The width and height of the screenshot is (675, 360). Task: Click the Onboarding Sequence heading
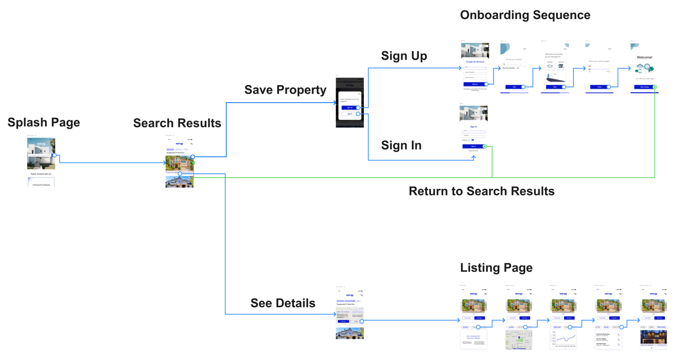[525, 15]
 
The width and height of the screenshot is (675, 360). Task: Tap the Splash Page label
[44, 123]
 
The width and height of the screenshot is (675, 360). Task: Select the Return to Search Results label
[481, 191]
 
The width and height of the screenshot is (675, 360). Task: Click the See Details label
[283, 303]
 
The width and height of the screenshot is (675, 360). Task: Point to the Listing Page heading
[496, 268]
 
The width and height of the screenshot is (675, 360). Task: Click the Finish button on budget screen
[599, 87]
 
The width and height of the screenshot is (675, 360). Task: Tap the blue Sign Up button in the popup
[349, 108]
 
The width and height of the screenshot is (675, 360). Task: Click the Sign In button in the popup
[349, 114]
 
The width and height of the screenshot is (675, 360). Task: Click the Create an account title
[475, 62]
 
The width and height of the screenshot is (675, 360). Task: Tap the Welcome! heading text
[645, 57]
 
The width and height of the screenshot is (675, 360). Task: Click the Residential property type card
[550, 65]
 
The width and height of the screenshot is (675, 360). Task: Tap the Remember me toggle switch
[472, 140]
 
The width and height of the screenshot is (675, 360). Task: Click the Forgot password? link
[473, 151]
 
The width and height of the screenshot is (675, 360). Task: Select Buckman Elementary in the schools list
[603, 334]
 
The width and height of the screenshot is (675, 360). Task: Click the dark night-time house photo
[653, 337]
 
